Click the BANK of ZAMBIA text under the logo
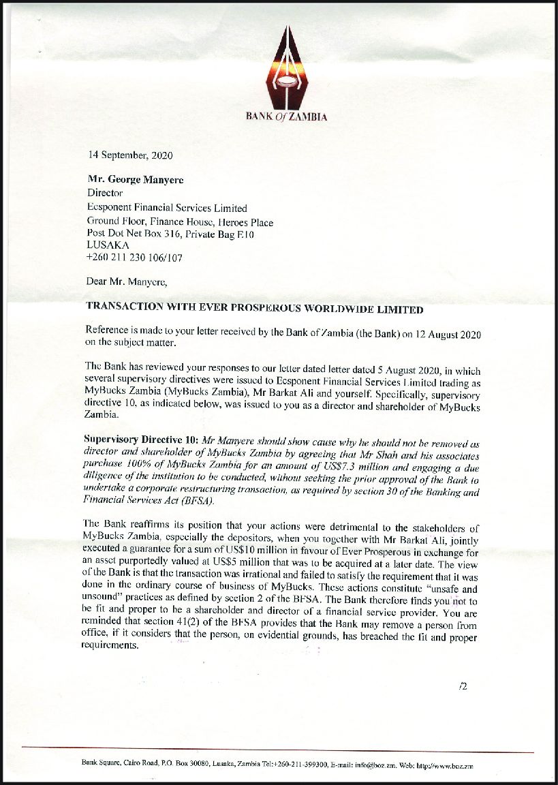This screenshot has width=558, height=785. tap(286, 117)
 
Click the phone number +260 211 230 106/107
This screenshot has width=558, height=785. tap(134, 258)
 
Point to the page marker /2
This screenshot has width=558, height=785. tap(463, 686)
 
